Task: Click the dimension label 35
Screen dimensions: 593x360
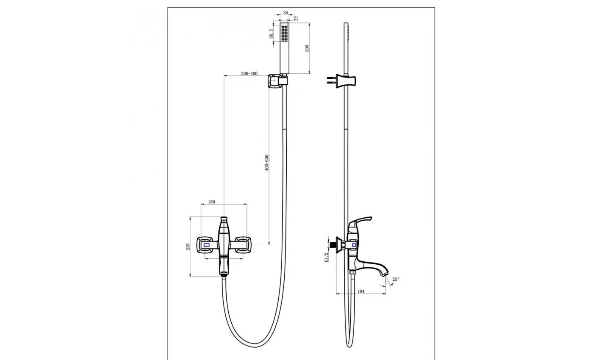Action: point(285,13)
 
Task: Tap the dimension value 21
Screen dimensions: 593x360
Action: point(296,18)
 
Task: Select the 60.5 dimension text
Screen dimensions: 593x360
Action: point(272,34)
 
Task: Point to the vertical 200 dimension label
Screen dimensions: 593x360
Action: point(307,48)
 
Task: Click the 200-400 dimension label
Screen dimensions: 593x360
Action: point(249,74)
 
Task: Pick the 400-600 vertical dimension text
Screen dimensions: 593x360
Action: point(266,163)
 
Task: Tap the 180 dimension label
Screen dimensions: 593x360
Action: point(211,202)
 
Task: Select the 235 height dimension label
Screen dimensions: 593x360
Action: point(188,246)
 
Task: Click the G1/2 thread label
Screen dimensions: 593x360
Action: point(327,257)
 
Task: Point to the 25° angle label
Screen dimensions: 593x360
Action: point(396,279)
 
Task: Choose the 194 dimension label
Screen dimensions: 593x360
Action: point(361,291)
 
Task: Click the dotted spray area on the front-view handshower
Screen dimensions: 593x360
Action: point(284,33)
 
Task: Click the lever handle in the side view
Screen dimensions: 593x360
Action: point(359,223)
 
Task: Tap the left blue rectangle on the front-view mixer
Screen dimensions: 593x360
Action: point(207,245)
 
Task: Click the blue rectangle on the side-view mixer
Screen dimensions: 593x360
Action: point(354,245)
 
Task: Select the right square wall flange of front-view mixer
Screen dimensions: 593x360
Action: point(243,245)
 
